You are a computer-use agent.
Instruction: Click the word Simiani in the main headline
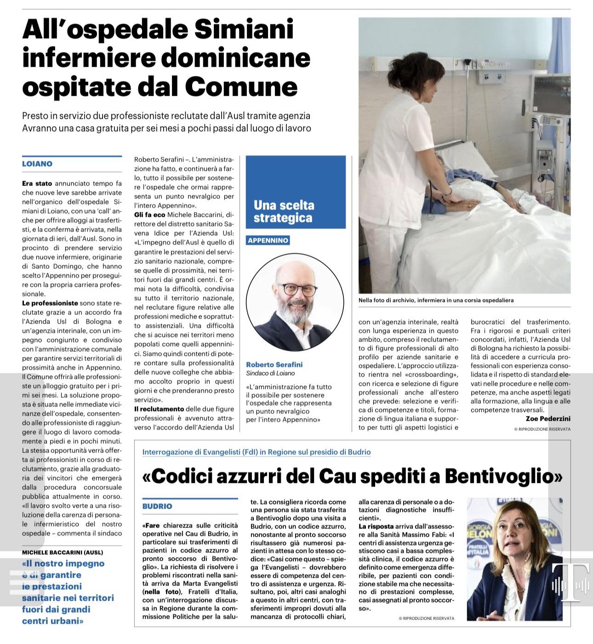click(x=244, y=30)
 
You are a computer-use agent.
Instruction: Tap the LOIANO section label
click(x=37, y=164)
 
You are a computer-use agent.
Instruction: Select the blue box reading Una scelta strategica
click(x=296, y=211)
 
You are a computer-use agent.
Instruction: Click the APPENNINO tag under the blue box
click(x=268, y=240)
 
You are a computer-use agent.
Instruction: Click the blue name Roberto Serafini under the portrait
click(x=274, y=365)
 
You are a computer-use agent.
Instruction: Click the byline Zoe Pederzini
click(x=548, y=418)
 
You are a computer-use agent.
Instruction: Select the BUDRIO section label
click(x=157, y=506)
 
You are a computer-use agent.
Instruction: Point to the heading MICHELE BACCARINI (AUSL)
click(x=63, y=552)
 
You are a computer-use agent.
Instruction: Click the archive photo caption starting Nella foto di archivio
click(x=436, y=300)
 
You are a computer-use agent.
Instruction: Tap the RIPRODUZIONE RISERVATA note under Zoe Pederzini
click(x=542, y=429)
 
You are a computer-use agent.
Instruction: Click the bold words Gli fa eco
click(x=149, y=215)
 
